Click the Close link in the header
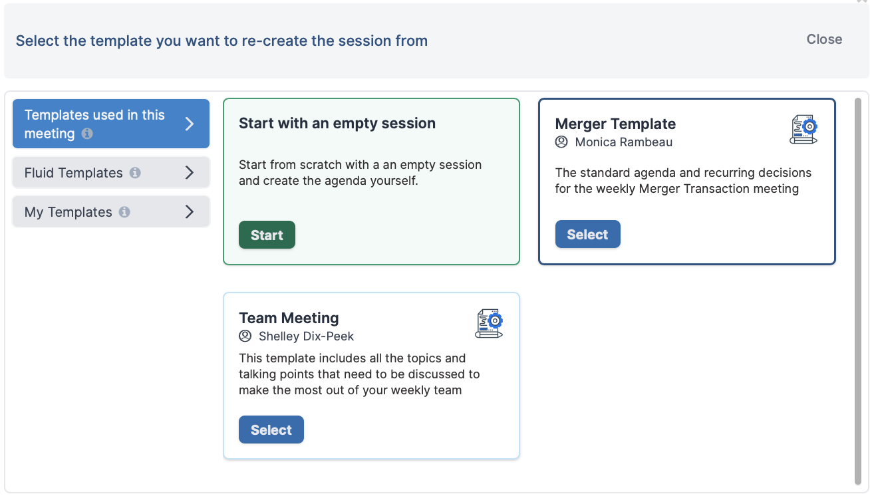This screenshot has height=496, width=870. pyautogui.click(x=824, y=39)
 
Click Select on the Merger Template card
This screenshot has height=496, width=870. pyautogui.click(x=587, y=234)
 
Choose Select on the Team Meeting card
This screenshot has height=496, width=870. pyautogui.click(x=271, y=430)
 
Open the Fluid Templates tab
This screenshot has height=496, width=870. pyautogui.click(x=111, y=172)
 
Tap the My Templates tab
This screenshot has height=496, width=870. pyautogui.click(x=111, y=211)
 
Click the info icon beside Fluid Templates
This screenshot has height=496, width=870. pyautogui.click(x=135, y=173)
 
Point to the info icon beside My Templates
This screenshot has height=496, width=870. pyautogui.click(x=124, y=212)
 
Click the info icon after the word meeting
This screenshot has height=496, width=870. pyautogui.click(x=87, y=134)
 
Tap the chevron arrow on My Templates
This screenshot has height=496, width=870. pyautogui.click(x=189, y=211)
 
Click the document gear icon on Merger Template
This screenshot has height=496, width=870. pyautogui.click(x=803, y=129)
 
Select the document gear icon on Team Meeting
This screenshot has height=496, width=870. pyautogui.click(x=489, y=323)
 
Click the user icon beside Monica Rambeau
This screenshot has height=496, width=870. pyautogui.click(x=561, y=142)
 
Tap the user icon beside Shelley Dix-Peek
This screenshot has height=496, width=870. pyautogui.click(x=245, y=336)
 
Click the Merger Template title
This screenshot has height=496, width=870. pyautogui.click(x=615, y=124)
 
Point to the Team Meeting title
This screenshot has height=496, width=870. pyautogui.click(x=289, y=318)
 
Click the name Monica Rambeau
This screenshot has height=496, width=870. pyautogui.click(x=624, y=142)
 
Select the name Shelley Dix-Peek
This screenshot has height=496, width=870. pyautogui.click(x=307, y=336)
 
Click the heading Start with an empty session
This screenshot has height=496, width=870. pyautogui.click(x=337, y=124)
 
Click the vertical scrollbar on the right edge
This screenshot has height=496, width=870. pyautogui.click(x=858, y=291)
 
